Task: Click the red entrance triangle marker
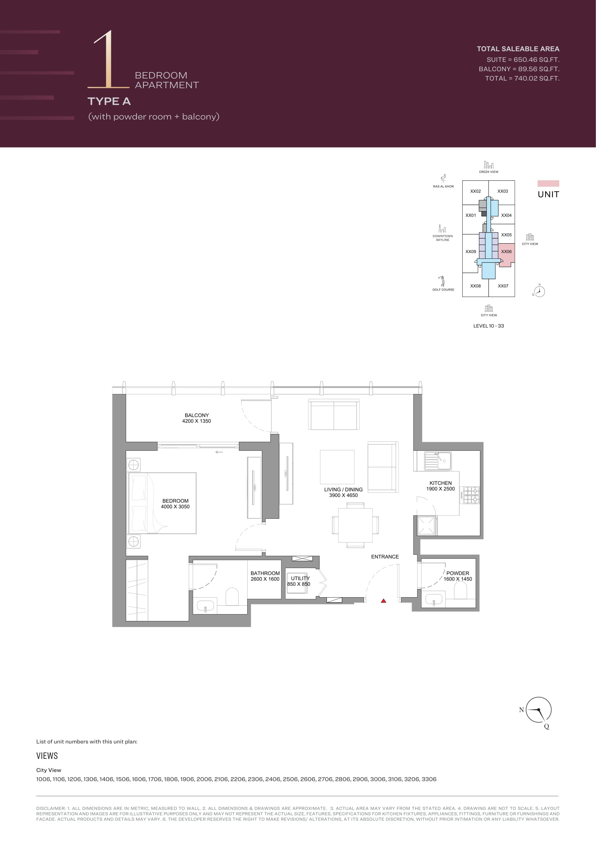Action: [x=383, y=601]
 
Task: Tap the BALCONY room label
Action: [x=197, y=415]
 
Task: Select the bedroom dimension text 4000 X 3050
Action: [x=175, y=506]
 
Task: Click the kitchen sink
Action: [x=438, y=461]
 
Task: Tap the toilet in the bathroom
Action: [x=232, y=596]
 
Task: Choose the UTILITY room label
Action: [x=300, y=578]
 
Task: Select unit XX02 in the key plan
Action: [x=475, y=191]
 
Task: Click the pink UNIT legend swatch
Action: [x=548, y=183]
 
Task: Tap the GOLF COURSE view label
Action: [x=443, y=290]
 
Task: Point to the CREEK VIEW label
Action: [x=489, y=172]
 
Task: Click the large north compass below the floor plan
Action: [x=538, y=710]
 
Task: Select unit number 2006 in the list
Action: [x=204, y=779]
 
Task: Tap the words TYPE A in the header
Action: [x=109, y=101]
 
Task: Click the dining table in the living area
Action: [x=355, y=525]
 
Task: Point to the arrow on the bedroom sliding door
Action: [x=219, y=452]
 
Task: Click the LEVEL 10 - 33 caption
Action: [x=489, y=326]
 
